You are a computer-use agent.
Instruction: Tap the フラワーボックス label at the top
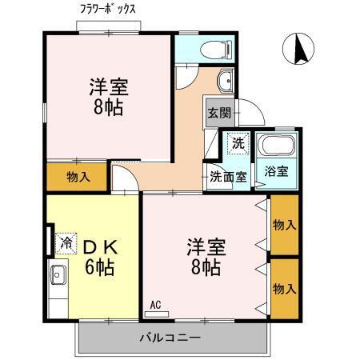(108, 9)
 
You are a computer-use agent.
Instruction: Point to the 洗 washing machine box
(238, 144)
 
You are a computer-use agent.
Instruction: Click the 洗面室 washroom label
(228, 176)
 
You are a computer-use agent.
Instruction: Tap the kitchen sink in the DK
(58, 276)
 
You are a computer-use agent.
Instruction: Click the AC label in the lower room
(156, 304)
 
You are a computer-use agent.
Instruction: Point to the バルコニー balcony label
(172, 337)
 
